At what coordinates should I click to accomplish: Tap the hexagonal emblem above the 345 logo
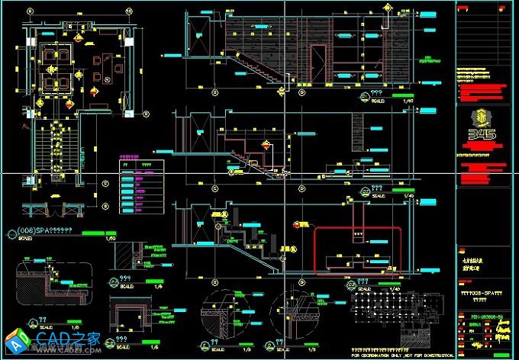(x=485, y=119)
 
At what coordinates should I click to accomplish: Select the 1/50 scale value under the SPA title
(x=108, y=239)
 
